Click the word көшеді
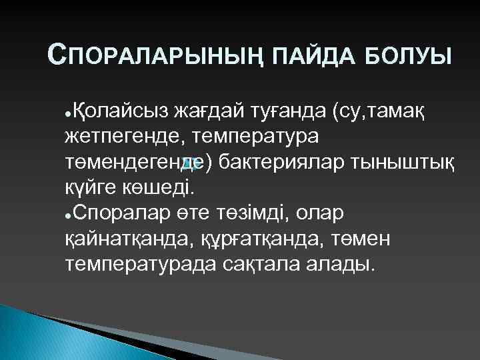(159, 187)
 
